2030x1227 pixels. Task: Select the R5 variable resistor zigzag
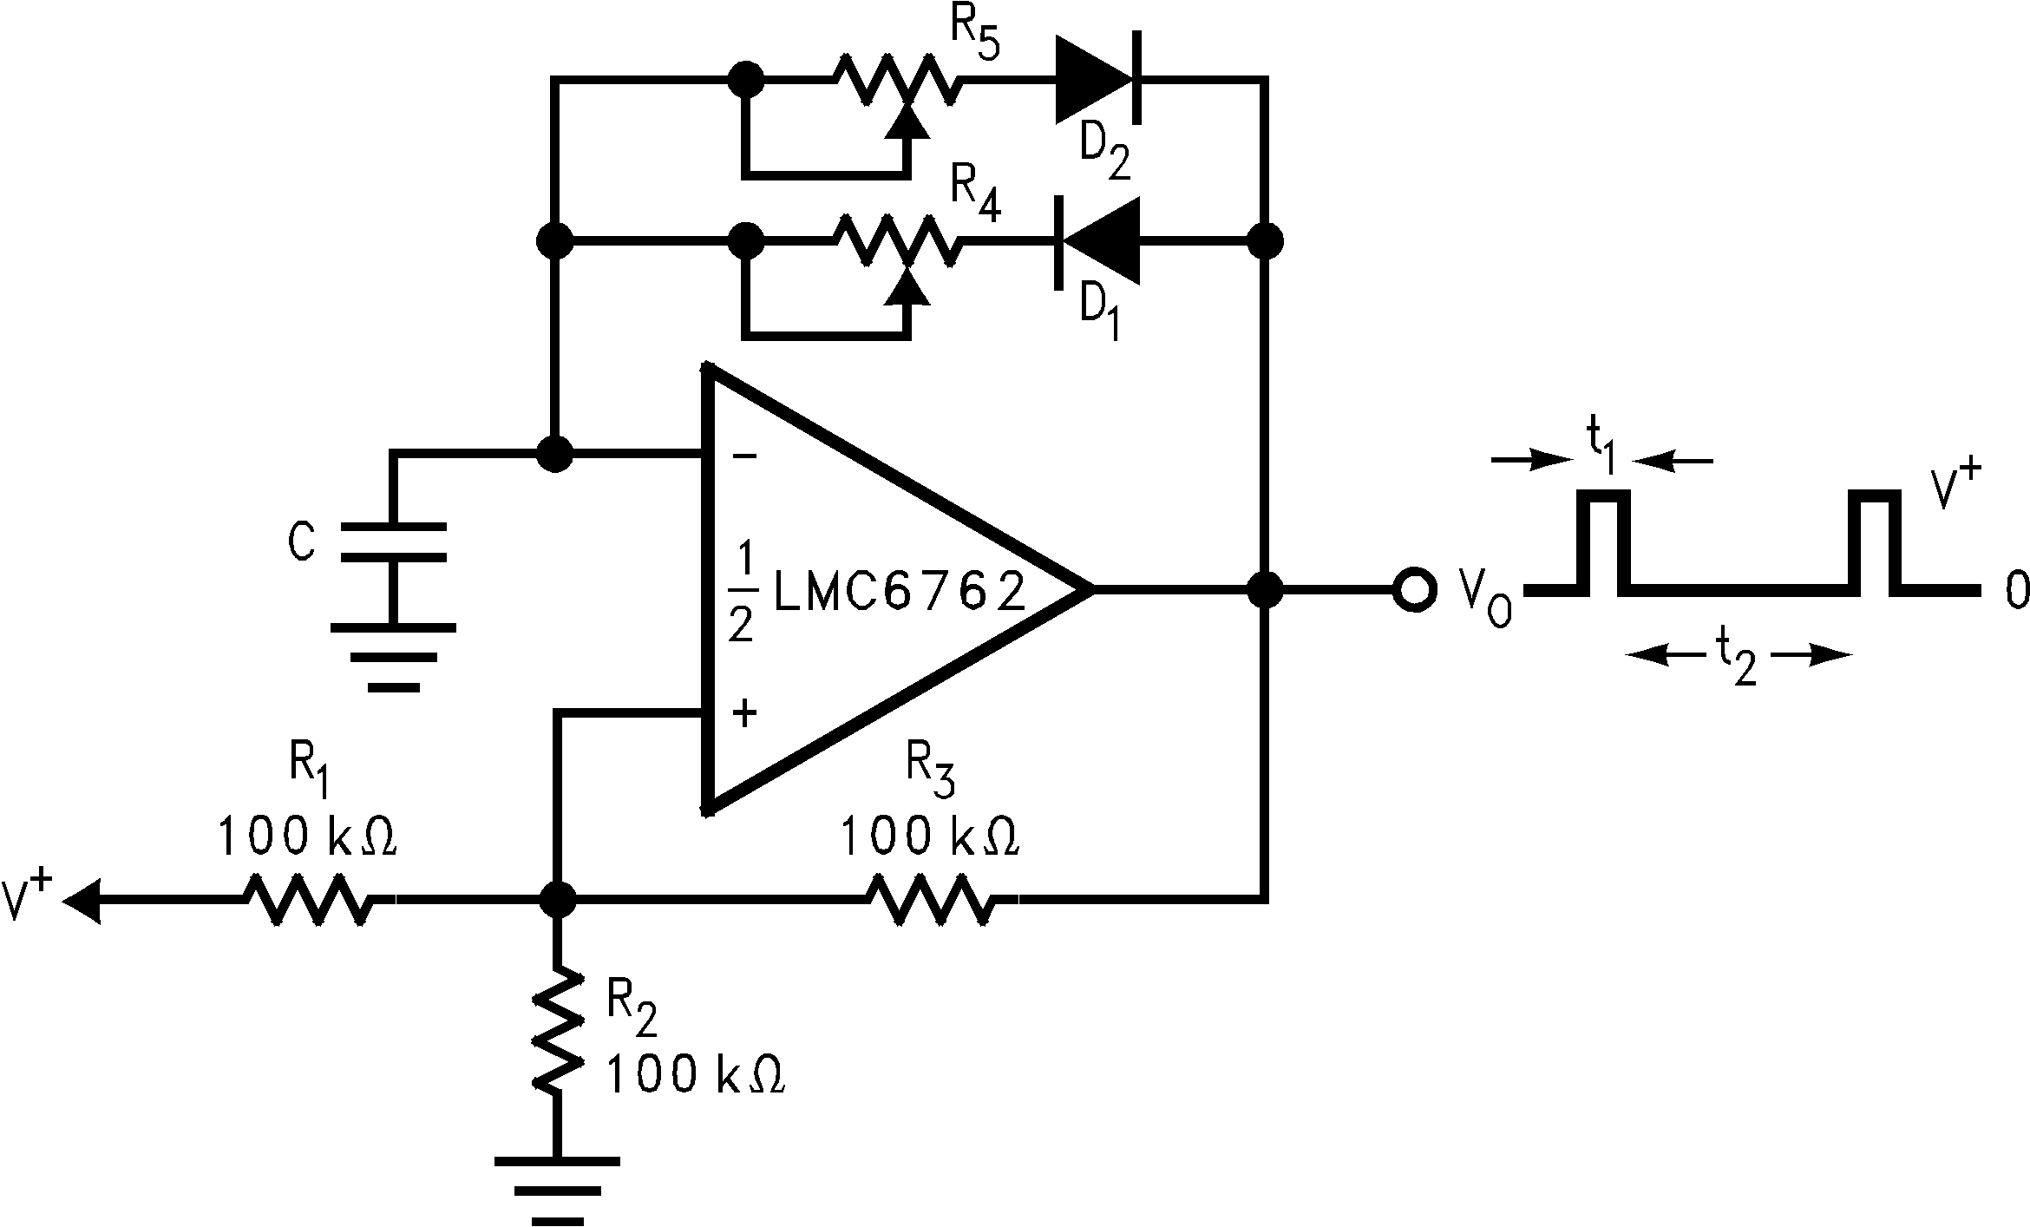897,81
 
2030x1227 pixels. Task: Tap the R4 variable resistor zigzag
897,240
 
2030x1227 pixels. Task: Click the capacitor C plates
394,542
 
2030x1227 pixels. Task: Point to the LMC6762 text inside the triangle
898,590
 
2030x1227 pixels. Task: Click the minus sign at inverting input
744,455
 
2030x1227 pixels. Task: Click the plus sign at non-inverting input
744,713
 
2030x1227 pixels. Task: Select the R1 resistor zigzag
310,901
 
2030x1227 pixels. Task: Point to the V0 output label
1484,599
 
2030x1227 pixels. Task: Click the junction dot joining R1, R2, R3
556,901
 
